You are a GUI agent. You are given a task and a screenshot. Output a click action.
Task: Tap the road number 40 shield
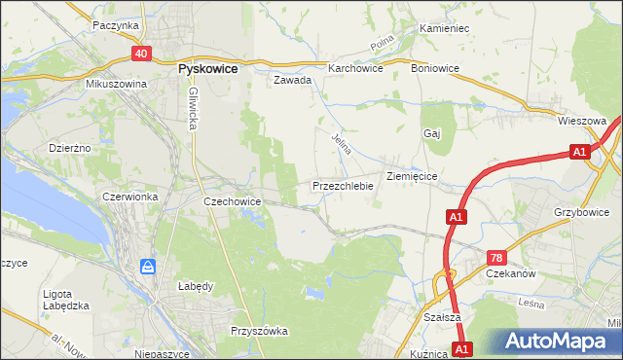(142, 54)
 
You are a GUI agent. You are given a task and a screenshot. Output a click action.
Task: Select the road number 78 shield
(496, 257)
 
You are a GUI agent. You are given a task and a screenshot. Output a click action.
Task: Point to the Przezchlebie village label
(343, 185)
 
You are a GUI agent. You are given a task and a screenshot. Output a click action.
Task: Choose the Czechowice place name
(231, 200)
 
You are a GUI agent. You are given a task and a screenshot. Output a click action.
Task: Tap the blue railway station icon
(147, 266)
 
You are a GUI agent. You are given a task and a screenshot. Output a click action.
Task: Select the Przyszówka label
(259, 331)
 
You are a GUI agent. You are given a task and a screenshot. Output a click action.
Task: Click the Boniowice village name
(435, 68)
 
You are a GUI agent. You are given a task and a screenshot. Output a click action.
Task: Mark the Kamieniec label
(444, 28)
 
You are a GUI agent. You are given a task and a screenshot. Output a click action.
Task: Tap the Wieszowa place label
(582, 121)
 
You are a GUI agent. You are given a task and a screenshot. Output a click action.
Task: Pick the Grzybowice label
(586, 210)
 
